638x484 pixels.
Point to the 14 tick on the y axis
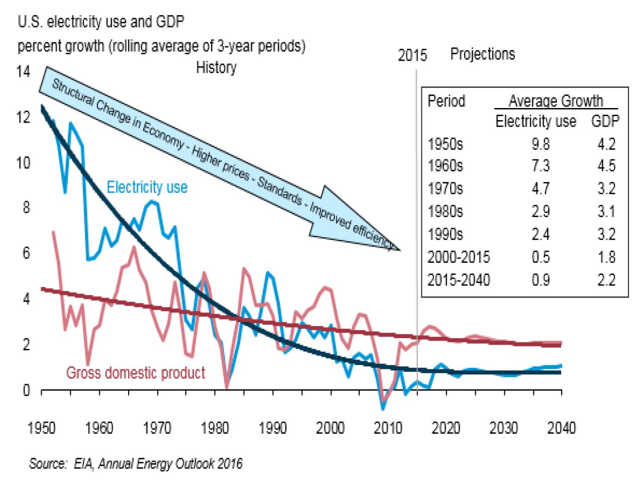click(x=23, y=71)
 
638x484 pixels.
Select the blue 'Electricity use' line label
click(x=147, y=187)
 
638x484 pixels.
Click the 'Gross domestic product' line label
click(x=136, y=373)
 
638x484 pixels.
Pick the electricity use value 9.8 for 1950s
click(x=541, y=144)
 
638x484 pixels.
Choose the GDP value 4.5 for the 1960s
click(x=606, y=166)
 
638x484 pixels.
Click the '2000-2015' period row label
click(x=458, y=257)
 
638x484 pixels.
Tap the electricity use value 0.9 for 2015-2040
click(x=541, y=280)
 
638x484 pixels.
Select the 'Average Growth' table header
click(x=556, y=101)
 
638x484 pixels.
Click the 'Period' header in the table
click(x=446, y=101)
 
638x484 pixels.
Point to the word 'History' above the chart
click(x=216, y=67)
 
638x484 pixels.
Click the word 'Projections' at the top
click(x=482, y=54)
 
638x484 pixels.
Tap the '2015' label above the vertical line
click(x=412, y=55)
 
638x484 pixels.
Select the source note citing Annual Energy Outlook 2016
click(x=136, y=463)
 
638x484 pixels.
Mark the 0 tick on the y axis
click(x=26, y=390)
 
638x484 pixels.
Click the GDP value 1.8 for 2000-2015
click(x=606, y=257)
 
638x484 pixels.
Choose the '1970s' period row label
click(x=445, y=189)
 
